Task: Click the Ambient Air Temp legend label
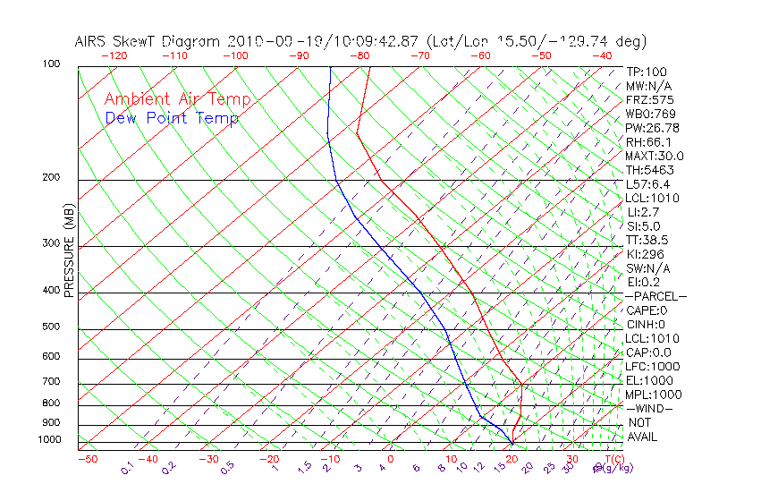click(x=177, y=99)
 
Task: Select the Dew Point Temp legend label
click(x=172, y=118)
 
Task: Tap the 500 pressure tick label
click(x=52, y=327)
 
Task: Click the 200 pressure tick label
click(x=52, y=178)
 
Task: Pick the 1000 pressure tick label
click(x=49, y=440)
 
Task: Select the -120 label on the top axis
click(x=114, y=55)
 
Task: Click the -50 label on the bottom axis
click(x=87, y=459)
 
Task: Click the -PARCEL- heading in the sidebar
click(x=655, y=296)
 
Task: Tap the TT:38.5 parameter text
click(x=647, y=240)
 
